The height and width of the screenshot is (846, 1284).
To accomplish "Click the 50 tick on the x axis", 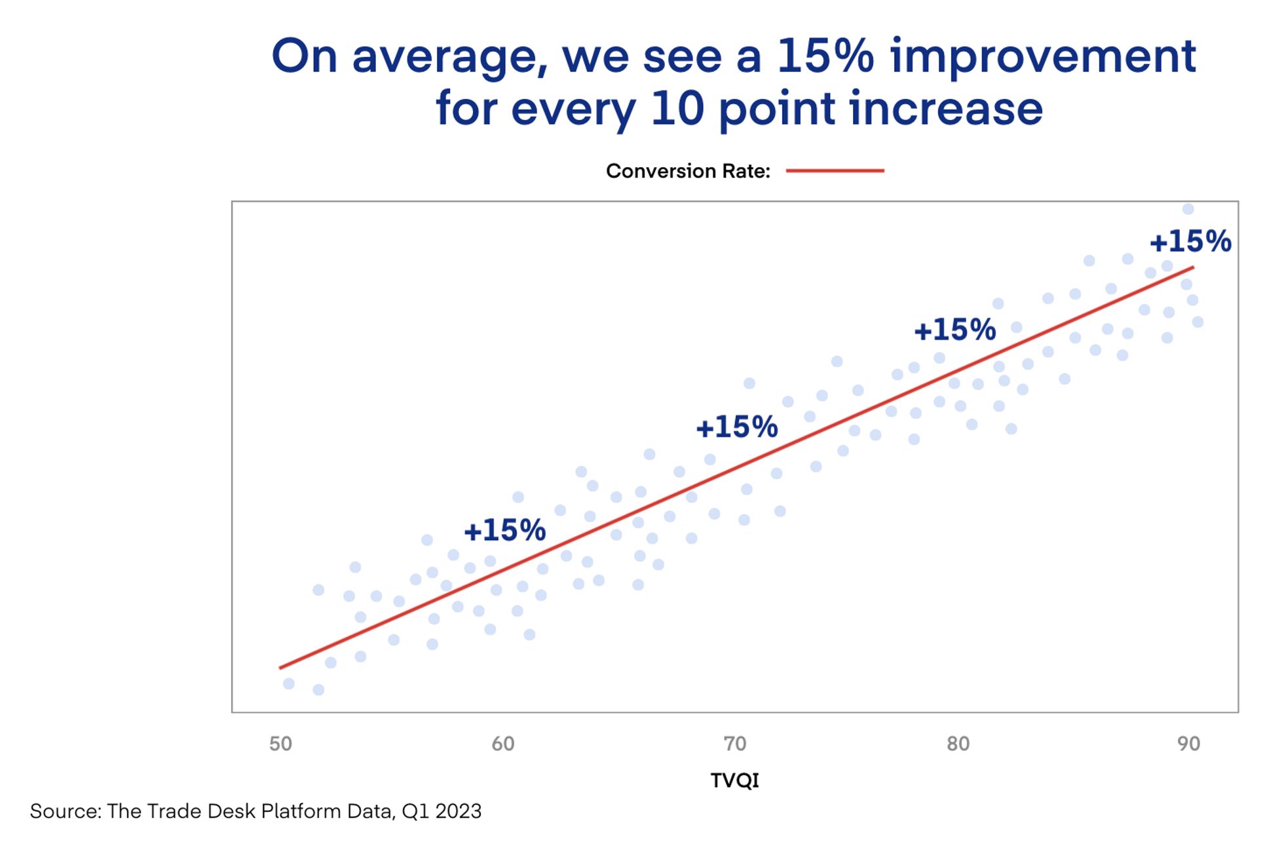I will coord(280,744).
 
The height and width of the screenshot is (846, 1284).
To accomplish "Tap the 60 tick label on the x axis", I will coord(503,744).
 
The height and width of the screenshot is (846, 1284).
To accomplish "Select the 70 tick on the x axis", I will coord(735,744).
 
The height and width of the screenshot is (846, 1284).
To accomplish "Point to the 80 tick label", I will coord(958,744).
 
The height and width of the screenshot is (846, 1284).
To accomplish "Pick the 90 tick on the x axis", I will coord(1188,744).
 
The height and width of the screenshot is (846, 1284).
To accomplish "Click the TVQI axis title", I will coord(734,780).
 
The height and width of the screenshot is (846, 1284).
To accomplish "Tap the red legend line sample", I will coord(835,170).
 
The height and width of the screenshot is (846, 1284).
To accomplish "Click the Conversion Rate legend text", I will coord(687,171).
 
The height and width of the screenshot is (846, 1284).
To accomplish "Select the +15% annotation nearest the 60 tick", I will coord(504,530).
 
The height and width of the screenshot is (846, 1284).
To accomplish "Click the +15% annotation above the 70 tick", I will coord(736,427).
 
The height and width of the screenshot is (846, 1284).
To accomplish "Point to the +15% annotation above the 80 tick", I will coord(954,330).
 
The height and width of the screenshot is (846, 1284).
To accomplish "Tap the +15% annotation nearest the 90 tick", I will coord(1190,241).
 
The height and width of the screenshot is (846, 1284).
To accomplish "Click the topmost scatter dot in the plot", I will coord(1188,209).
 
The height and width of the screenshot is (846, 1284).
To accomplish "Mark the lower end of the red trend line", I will coord(281,667).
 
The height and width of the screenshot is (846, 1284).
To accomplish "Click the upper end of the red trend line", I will coord(1192,267).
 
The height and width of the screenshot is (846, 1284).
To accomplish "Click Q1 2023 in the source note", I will coord(442,811).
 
